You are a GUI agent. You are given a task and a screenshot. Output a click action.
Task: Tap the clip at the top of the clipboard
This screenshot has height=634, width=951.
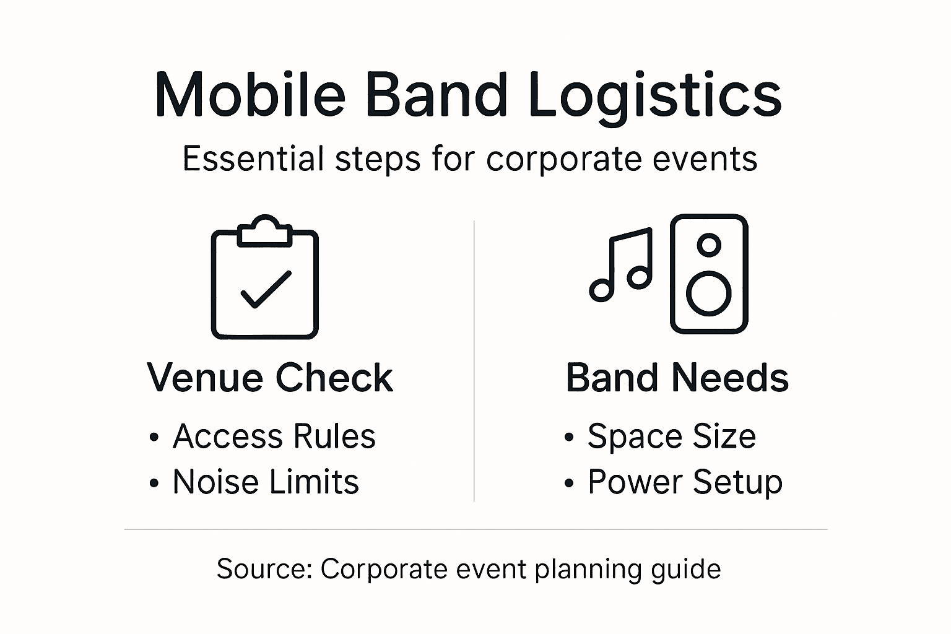(265, 232)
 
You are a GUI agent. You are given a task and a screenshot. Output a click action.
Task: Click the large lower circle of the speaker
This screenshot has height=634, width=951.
(709, 292)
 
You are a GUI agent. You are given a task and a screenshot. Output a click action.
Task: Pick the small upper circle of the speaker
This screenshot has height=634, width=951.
(709, 245)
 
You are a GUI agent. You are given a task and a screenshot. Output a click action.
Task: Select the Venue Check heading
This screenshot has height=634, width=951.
(270, 378)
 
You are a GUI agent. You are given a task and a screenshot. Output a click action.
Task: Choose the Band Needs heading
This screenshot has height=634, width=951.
(677, 378)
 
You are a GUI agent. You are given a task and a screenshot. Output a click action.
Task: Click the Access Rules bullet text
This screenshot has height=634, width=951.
(274, 436)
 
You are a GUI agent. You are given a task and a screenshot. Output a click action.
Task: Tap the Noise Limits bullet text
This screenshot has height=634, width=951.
(266, 482)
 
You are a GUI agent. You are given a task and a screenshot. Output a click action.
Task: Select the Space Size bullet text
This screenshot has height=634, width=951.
(672, 436)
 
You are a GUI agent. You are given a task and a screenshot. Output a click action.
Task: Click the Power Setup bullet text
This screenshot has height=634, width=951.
(685, 482)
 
